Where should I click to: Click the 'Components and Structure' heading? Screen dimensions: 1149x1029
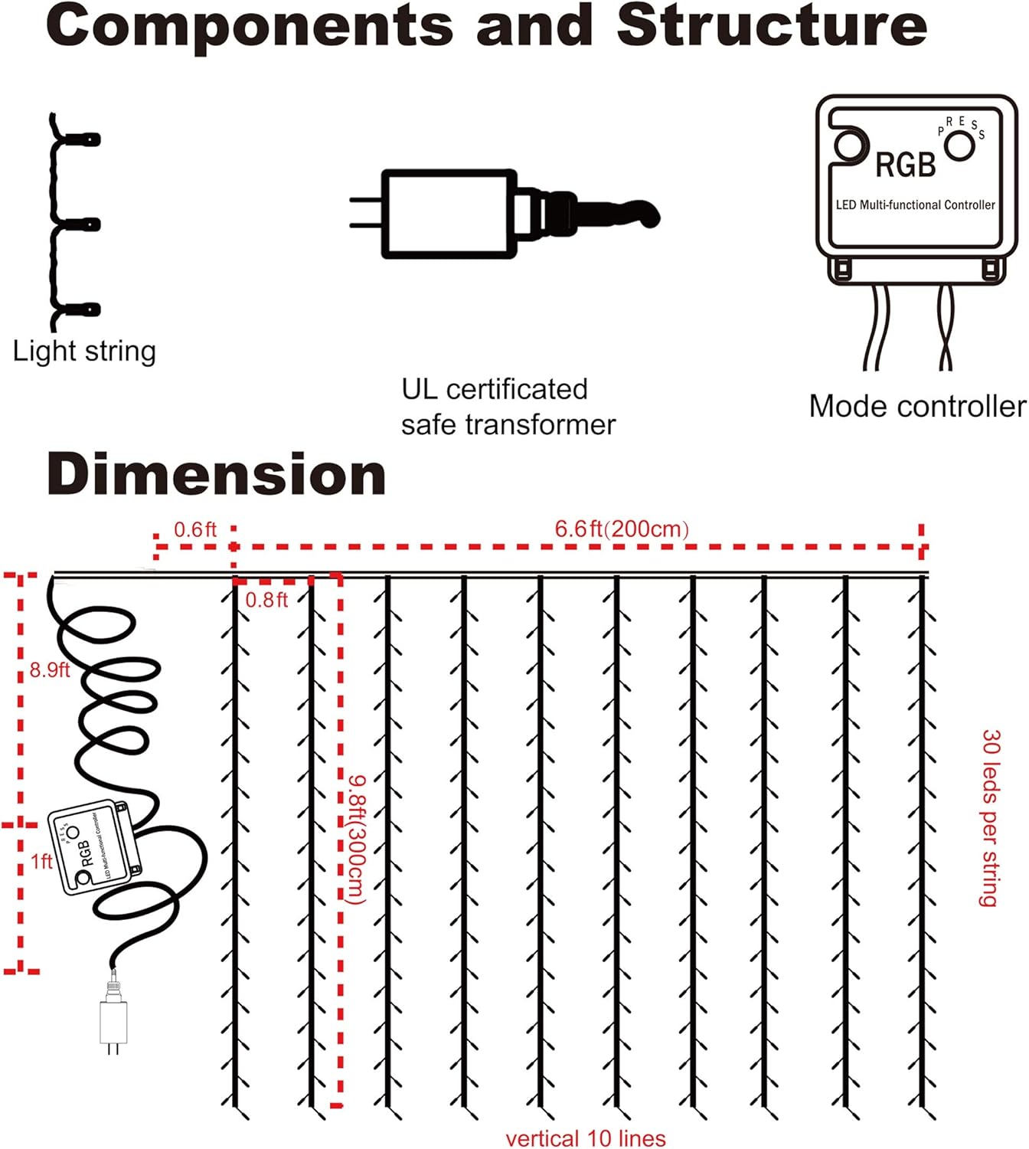[487, 26]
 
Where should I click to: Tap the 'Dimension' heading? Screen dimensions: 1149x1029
[216, 475]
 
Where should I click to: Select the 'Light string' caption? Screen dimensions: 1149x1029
[84, 352]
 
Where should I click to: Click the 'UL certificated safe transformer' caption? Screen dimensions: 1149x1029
[508, 407]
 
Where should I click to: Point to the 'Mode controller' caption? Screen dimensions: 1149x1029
[917, 406]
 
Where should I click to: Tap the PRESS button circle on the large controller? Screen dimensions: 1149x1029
[959, 146]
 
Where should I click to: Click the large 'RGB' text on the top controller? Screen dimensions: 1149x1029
[906, 165]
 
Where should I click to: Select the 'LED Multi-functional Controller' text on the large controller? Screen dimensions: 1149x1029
[915, 205]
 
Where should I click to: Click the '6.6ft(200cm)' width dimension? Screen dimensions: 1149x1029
[622, 529]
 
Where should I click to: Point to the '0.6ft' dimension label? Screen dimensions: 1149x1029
[195, 529]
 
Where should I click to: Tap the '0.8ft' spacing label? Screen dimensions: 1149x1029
[266, 600]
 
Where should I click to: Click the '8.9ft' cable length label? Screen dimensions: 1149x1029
[50, 670]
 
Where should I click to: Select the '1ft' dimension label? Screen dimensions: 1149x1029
[41, 862]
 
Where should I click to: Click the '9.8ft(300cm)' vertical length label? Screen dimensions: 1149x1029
[357, 839]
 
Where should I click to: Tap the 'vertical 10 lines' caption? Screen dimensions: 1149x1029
[586, 1138]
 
